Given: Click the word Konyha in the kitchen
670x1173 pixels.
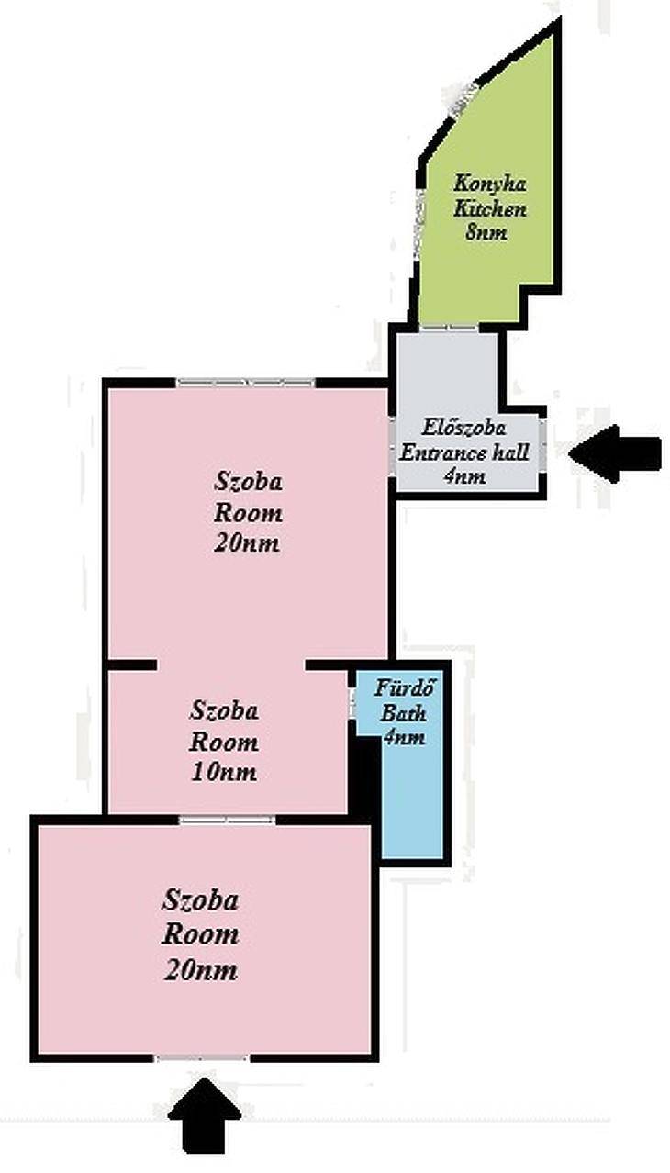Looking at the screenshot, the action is pos(490,184).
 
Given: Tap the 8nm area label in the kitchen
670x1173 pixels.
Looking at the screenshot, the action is pos(486,231).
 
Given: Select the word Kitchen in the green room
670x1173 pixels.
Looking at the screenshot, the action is pos(490,208).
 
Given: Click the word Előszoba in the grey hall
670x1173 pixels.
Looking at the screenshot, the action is pos(464,428).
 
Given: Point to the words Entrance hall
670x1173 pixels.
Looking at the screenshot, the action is pos(464,452).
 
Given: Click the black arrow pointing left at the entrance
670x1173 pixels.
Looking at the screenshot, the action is pos(614,453).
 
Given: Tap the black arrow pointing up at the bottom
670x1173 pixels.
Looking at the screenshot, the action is pos(205,1122).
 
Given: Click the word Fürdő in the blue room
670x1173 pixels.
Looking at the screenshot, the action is pos(405,688).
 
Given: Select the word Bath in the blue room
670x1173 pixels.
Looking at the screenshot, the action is pos(403,713).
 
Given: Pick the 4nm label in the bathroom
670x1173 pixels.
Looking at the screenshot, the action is pos(404,737).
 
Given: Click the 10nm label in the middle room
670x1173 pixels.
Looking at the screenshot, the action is pos(224,773).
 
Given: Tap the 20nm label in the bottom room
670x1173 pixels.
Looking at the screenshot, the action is pos(200,970).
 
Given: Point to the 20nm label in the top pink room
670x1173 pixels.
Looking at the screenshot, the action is pos(247,543).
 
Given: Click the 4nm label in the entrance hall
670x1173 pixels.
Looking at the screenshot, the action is pos(464,476).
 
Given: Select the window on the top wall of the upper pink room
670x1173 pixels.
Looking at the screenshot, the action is pos(246,383).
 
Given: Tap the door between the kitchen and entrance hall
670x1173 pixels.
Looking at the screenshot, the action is pos(450,328).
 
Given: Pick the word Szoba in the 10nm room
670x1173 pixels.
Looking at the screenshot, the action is pos(224,710).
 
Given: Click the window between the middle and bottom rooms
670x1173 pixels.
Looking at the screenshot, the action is pos(227,820).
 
